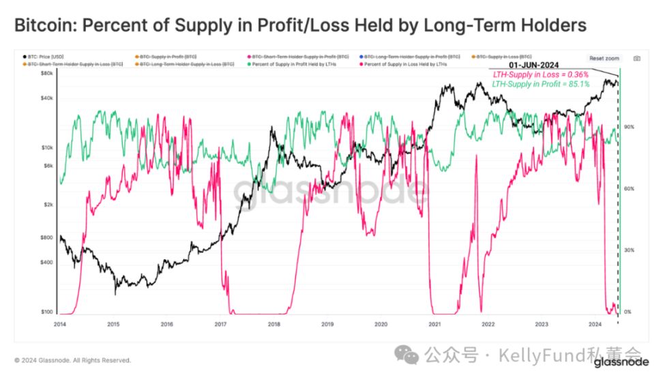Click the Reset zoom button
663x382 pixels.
[x=604, y=59]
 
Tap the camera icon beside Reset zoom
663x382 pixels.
[x=636, y=59]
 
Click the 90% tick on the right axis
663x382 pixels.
[x=629, y=127]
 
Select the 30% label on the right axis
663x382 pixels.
[x=629, y=250]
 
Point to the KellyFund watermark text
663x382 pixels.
[x=559, y=355]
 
